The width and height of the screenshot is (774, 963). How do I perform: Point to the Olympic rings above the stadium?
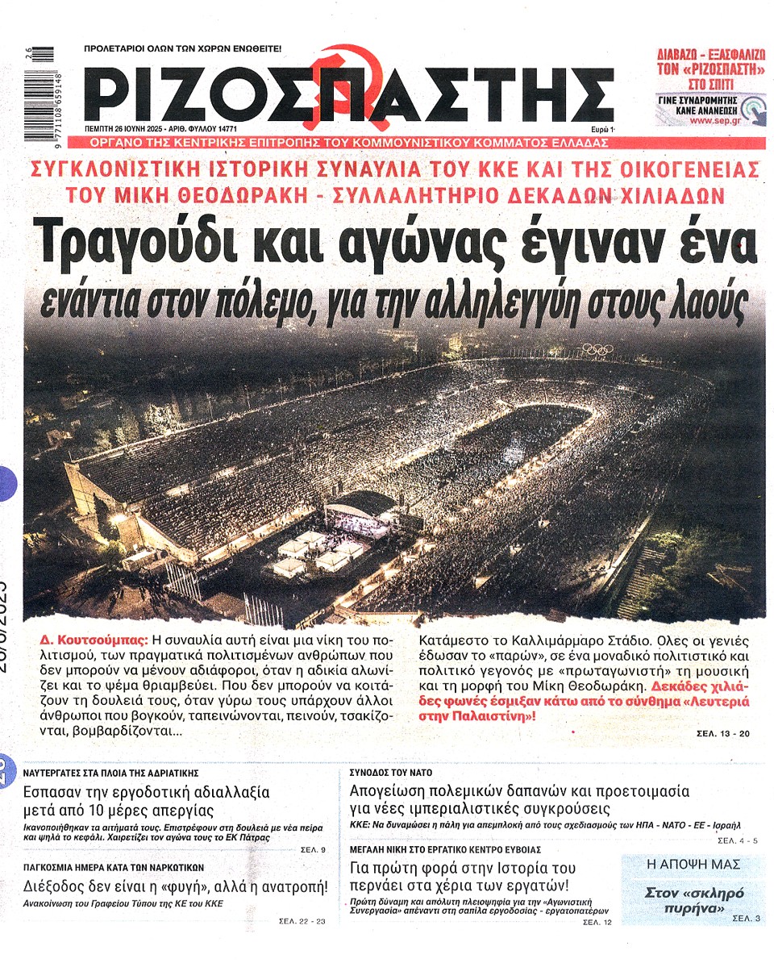pos(597,349)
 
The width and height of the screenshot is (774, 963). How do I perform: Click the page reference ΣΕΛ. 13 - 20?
pos(723,735)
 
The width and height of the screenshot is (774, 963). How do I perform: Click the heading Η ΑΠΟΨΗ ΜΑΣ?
pos(693,864)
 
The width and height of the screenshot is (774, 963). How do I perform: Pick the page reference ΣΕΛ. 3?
pos(746,919)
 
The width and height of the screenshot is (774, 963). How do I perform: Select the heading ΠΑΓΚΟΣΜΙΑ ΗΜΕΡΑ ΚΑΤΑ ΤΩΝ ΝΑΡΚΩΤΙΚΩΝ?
pos(114,867)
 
